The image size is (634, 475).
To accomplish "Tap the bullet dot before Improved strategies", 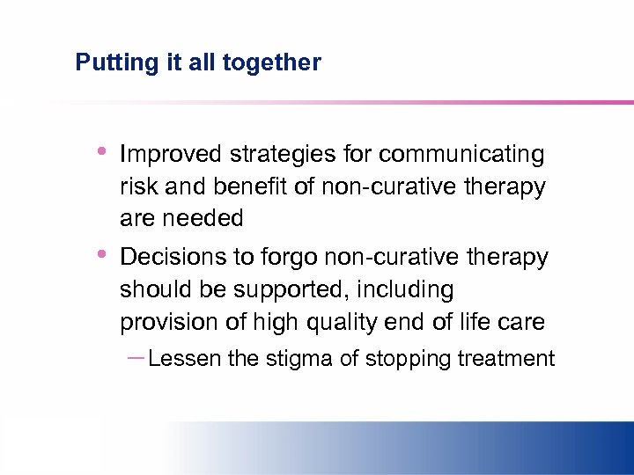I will click(x=102, y=151).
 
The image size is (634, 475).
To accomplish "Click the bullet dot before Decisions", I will click(x=102, y=254).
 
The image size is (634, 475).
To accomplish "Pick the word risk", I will click(x=136, y=186).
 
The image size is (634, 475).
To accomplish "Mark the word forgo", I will click(x=290, y=258).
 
